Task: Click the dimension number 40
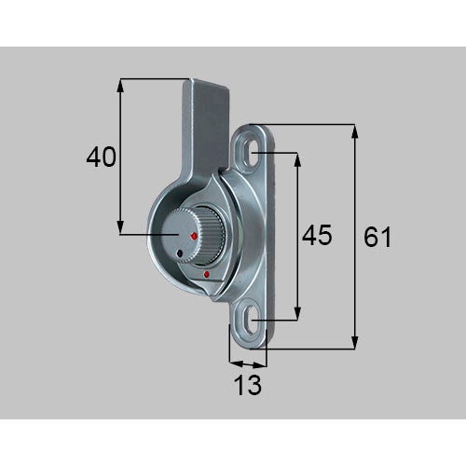coord(101,157)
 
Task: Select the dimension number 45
coord(317,235)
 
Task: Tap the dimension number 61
coord(377,237)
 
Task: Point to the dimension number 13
coord(249,385)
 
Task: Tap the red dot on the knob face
coord(195,236)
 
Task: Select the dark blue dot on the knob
coord(179,254)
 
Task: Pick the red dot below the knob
coord(206,274)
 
